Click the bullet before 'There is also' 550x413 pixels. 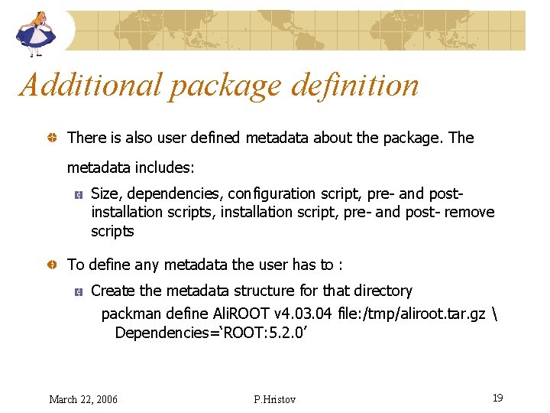pyautogui.click(x=50, y=138)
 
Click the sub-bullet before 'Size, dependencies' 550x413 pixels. pyautogui.click(x=78, y=195)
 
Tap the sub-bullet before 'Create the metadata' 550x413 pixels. pyautogui.click(x=78, y=291)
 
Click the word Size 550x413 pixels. pyautogui.click(x=105, y=193)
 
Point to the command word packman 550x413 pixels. pyautogui.click(x=131, y=314)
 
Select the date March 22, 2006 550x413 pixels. pyautogui.click(x=83, y=399)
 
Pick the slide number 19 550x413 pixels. pyautogui.click(x=497, y=398)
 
